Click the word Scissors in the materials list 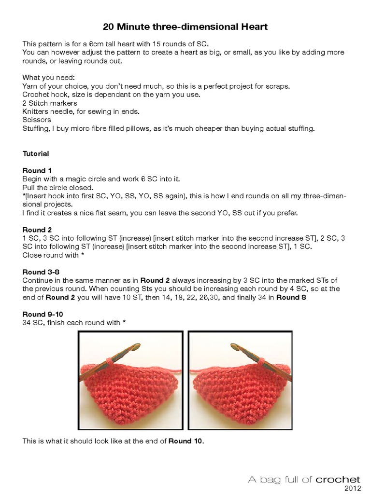point(35,120)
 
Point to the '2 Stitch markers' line point(50,103)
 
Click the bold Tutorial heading point(36,154)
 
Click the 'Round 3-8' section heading point(41,272)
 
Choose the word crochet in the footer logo point(338,479)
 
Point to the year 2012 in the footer point(352,488)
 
